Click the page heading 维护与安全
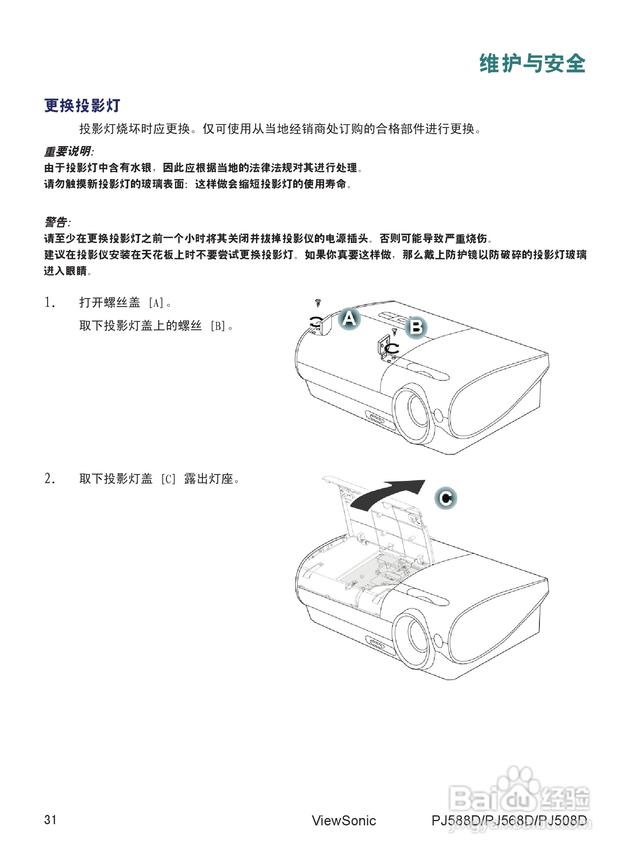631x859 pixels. [532, 63]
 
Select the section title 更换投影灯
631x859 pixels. [82, 106]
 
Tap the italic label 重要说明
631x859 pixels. [68, 151]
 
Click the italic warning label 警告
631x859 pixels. [56, 222]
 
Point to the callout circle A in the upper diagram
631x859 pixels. [349, 319]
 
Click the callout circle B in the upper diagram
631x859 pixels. [416, 327]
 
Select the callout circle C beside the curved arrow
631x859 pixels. [446, 498]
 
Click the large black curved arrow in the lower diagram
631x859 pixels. [386, 495]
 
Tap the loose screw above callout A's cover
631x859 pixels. [318, 303]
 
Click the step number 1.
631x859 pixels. [49, 302]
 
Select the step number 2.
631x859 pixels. [49, 479]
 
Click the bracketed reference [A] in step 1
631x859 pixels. [156, 303]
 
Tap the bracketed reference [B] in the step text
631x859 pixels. [218, 326]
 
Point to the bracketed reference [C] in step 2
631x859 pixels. [168, 479]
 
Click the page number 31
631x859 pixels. [50, 820]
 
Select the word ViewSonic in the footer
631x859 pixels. [344, 820]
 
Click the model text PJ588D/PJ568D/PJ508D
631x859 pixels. [509, 820]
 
